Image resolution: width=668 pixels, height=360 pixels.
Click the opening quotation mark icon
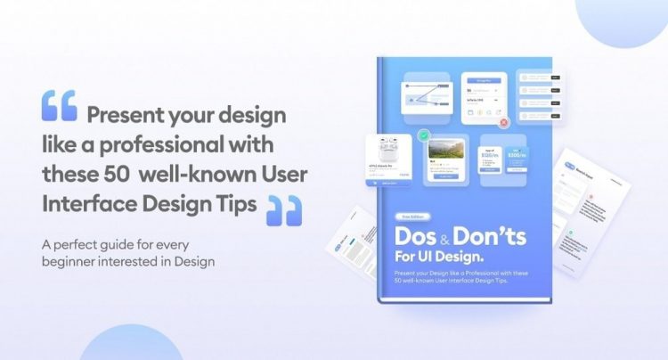pos(59,105)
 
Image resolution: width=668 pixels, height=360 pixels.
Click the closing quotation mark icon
pos(283,209)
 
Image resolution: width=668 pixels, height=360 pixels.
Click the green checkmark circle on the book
pos(424,136)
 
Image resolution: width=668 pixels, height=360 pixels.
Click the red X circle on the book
pos(504,123)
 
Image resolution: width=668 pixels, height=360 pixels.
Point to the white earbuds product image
pos(387,150)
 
